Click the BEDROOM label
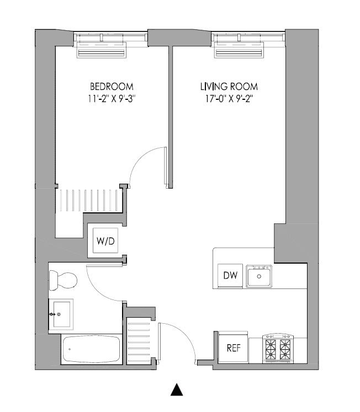(x=112, y=87)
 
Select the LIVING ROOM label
(x=229, y=87)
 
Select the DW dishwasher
(x=230, y=275)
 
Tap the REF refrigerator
(x=232, y=348)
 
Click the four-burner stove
(x=278, y=349)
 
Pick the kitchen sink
(x=259, y=275)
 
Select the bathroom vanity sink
(x=60, y=314)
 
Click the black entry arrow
(x=176, y=389)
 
